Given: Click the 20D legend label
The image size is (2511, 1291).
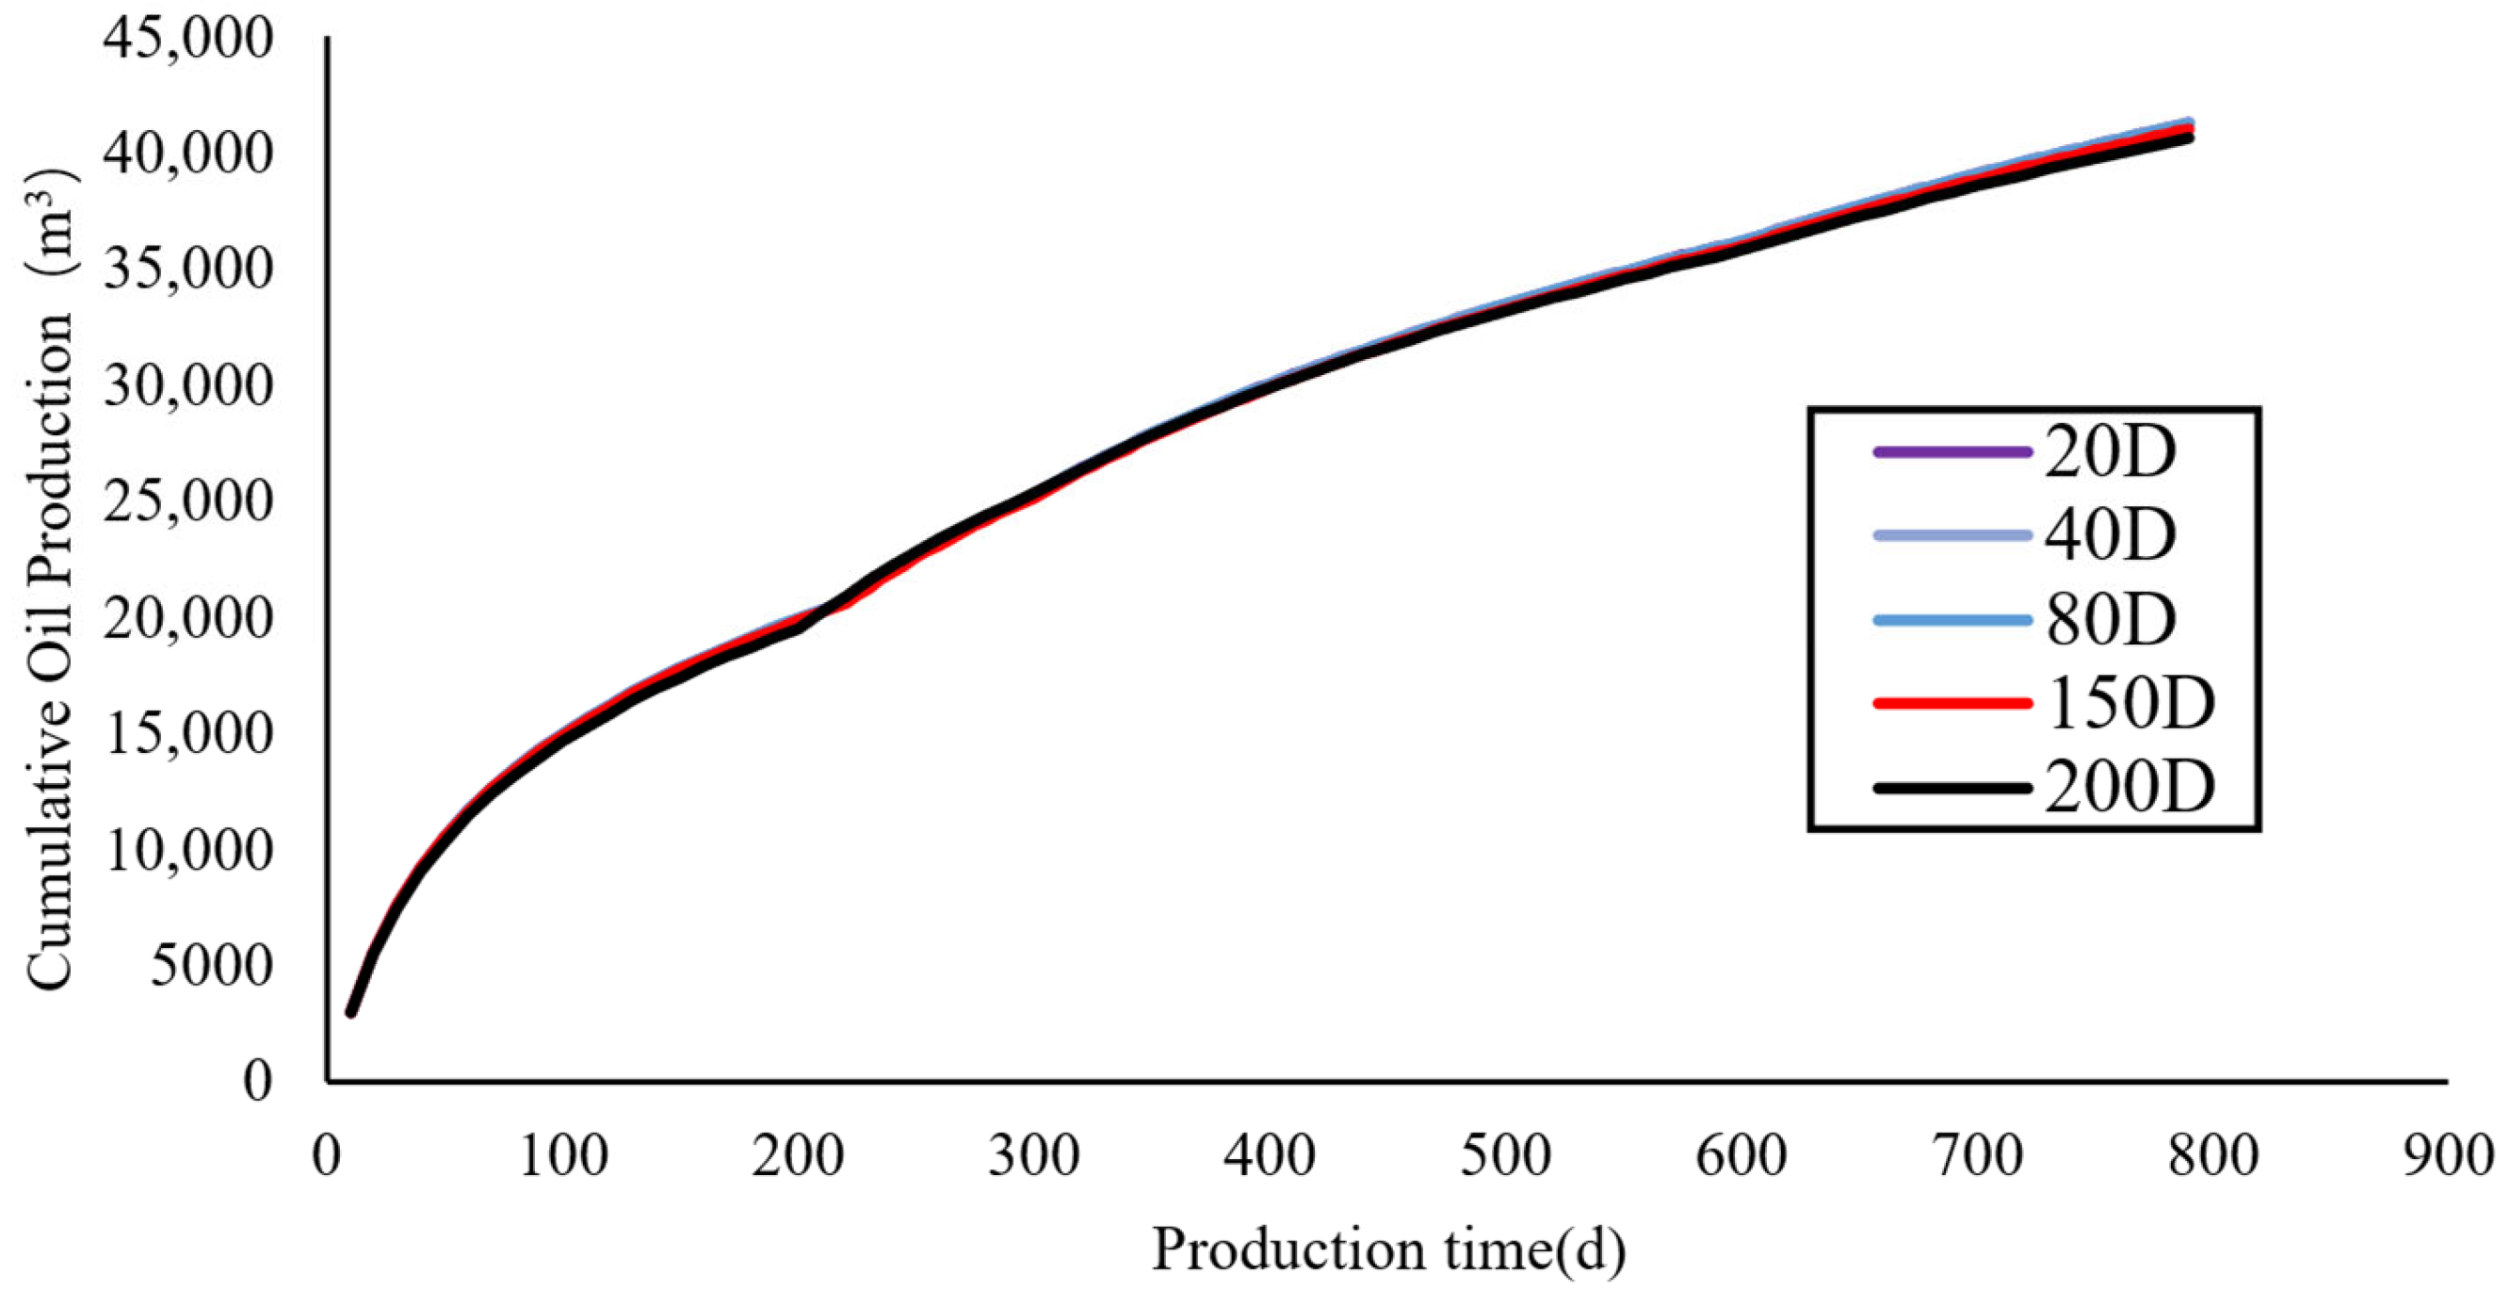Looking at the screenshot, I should click(x=2110, y=452).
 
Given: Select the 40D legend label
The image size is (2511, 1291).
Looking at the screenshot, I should click(x=2110, y=536).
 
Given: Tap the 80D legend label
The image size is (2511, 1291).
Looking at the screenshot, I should click(x=2110, y=620).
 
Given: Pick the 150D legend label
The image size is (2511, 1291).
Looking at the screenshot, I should click(x=2129, y=704).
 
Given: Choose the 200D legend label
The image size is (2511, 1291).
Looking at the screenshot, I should click(x=2129, y=788).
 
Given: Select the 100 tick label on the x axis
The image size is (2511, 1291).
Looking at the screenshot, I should click(x=562, y=1156).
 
